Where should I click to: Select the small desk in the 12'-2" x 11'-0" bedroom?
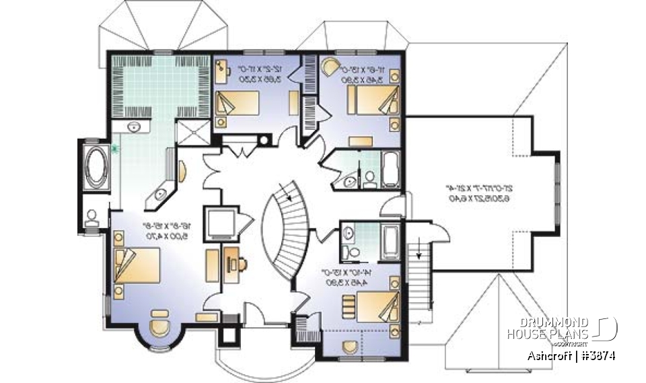(294, 103)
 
